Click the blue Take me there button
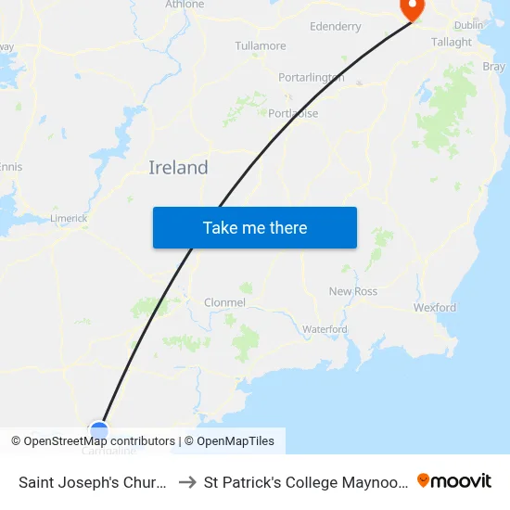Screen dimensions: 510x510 (255, 227)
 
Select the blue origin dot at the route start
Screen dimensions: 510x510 (99, 430)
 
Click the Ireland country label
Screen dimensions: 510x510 (178, 168)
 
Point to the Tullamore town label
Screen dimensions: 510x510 (261, 45)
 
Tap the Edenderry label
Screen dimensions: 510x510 (336, 27)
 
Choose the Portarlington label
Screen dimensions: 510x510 (312, 78)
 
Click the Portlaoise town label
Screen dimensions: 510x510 (293, 113)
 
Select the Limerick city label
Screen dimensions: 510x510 (69, 218)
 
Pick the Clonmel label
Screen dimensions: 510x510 (224, 302)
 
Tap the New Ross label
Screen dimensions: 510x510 (353, 291)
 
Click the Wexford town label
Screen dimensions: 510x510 (435, 307)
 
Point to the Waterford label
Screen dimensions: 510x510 (325, 329)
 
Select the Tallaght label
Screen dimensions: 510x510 (452, 43)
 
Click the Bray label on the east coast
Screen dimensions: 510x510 (494, 67)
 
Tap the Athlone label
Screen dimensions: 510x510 (185, 5)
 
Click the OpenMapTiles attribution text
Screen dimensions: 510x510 (236, 441)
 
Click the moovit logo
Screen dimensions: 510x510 (454, 480)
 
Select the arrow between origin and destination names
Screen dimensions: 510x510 (185, 481)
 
